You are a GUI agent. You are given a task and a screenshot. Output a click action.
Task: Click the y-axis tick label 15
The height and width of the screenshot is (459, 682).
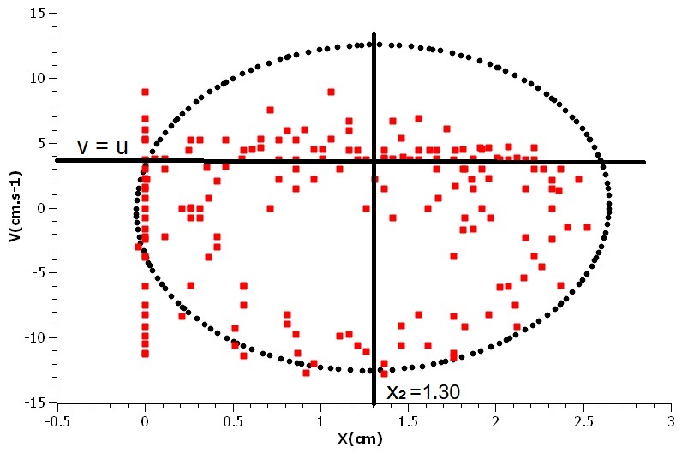pyautogui.click(x=38, y=13)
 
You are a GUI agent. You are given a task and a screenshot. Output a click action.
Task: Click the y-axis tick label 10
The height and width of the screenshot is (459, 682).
pyautogui.click(x=38, y=78)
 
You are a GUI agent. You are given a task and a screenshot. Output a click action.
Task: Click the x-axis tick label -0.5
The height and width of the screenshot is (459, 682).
pyautogui.click(x=57, y=421)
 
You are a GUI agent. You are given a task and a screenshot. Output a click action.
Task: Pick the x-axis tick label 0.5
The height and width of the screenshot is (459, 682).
pyautogui.click(x=232, y=421)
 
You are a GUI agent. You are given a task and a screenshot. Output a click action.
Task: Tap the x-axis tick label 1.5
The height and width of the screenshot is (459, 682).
pyautogui.click(x=408, y=421)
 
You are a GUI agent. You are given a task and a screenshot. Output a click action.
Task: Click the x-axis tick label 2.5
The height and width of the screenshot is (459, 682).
pyautogui.click(x=583, y=421)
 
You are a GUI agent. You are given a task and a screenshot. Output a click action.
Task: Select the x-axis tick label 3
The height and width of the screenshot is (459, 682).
pyautogui.click(x=671, y=421)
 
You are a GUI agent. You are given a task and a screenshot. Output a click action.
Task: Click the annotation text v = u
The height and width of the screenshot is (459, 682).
pyautogui.click(x=102, y=146)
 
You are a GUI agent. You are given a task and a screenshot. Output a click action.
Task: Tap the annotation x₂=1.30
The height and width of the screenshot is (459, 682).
pyautogui.click(x=424, y=392)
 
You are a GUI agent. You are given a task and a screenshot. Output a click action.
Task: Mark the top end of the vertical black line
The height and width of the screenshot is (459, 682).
pyautogui.click(x=374, y=34)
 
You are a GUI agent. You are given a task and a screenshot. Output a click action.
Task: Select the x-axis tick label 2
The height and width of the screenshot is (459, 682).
pyautogui.click(x=496, y=421)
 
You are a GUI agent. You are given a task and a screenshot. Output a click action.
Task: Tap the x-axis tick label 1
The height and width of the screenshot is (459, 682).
pyautogui.click(x=320, y=421)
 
